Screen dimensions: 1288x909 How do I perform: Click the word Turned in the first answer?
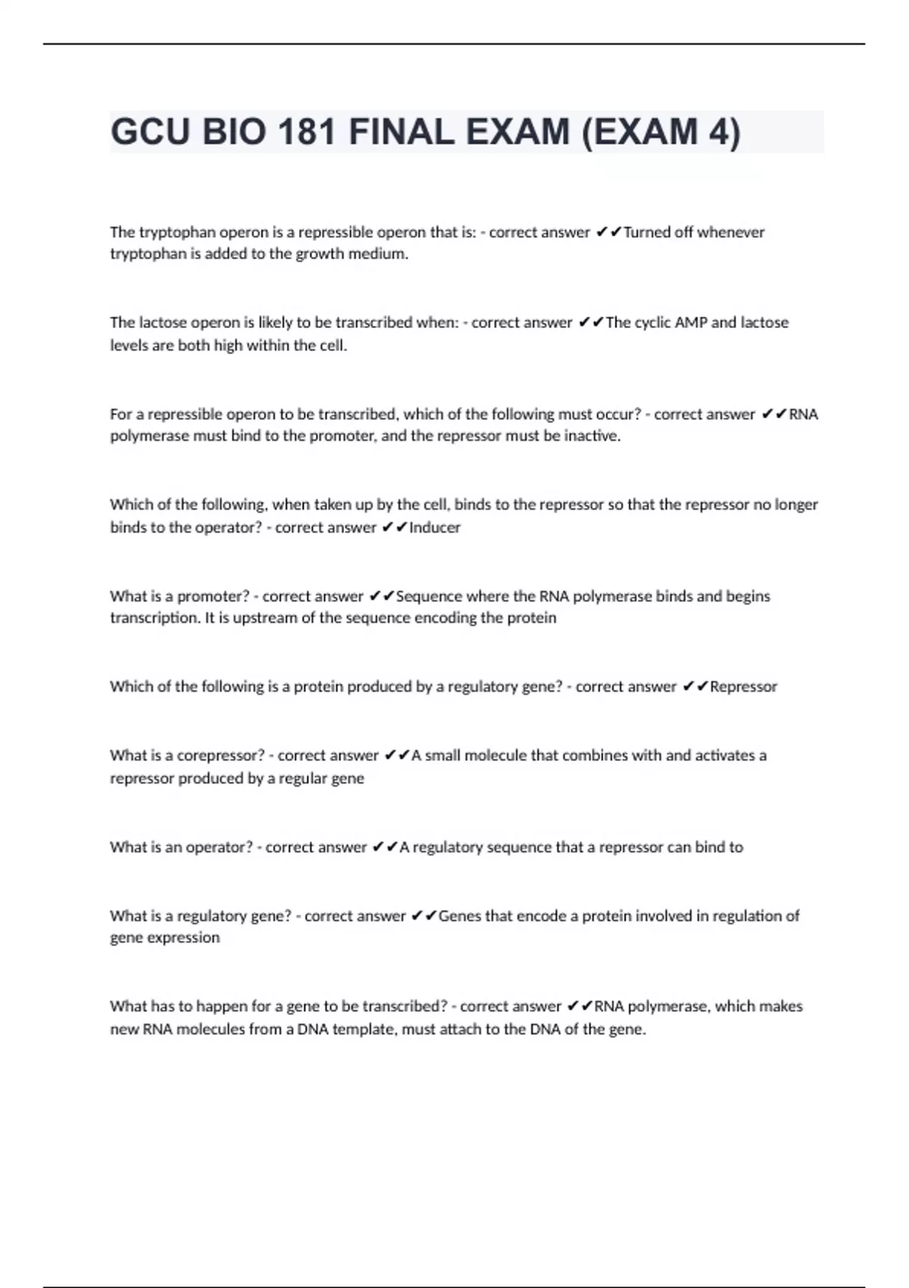[646, 233]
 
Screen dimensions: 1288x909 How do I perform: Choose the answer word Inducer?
[435, 528]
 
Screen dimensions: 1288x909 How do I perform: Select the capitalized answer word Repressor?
[743, 687]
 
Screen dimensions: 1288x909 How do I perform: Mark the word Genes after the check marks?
[460, 917]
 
